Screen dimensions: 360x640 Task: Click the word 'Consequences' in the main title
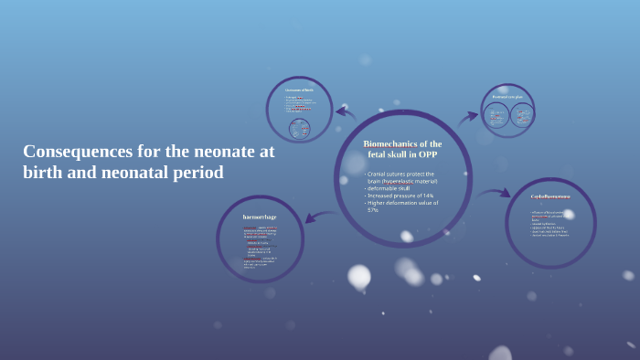point(67,152)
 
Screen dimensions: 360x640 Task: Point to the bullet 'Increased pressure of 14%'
point(401,196)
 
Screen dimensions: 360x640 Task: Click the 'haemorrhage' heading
point(260,217)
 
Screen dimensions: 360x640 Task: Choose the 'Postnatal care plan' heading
point(507,96)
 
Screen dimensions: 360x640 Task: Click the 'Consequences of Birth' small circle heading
point(299,90)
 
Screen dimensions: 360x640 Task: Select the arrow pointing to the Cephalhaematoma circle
point(494,194)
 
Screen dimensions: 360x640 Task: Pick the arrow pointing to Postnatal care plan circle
point(468,117)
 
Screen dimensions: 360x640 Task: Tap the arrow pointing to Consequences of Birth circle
point(346,112)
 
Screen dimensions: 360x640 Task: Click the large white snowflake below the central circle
point(359,276)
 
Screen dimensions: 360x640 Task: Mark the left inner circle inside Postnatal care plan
point(496,115)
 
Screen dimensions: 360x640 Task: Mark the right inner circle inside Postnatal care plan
point(522,115)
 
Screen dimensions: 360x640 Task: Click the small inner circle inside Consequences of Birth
point(300,129)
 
